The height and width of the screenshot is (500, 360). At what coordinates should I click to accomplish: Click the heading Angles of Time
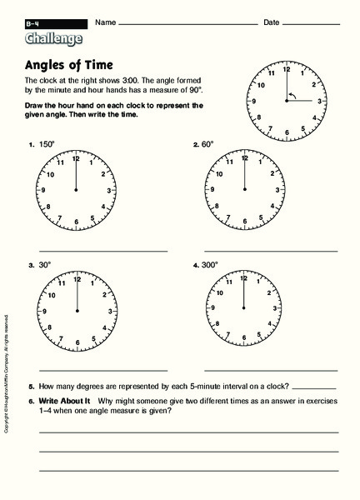pyautogui.click(x=73, y=65)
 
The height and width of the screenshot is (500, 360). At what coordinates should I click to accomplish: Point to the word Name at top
pyautogui.click(x=104, y=22)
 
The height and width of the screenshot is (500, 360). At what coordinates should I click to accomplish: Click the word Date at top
pyautogui.click(x=271, y=22)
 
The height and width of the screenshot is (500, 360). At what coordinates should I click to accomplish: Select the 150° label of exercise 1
pyautogui.click(x=47, y=144)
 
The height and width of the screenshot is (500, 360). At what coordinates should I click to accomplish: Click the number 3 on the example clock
pyautogui.click(x=319, y=102)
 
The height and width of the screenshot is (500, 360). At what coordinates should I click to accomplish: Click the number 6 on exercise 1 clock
pyautogui.click(x=76, y=222)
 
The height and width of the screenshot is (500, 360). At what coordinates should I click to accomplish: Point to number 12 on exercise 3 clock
pyautogui.click(x=76, y=279)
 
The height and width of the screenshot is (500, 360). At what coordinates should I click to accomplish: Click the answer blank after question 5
pyautogui.click(x=315, y=387)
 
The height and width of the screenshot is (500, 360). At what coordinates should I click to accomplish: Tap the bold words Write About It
pyautogui.click(x=61, y=401)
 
